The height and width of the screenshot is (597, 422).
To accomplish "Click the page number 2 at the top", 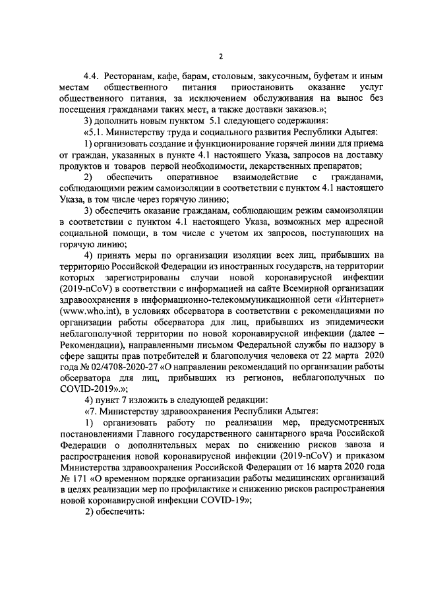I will coord(222,57).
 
